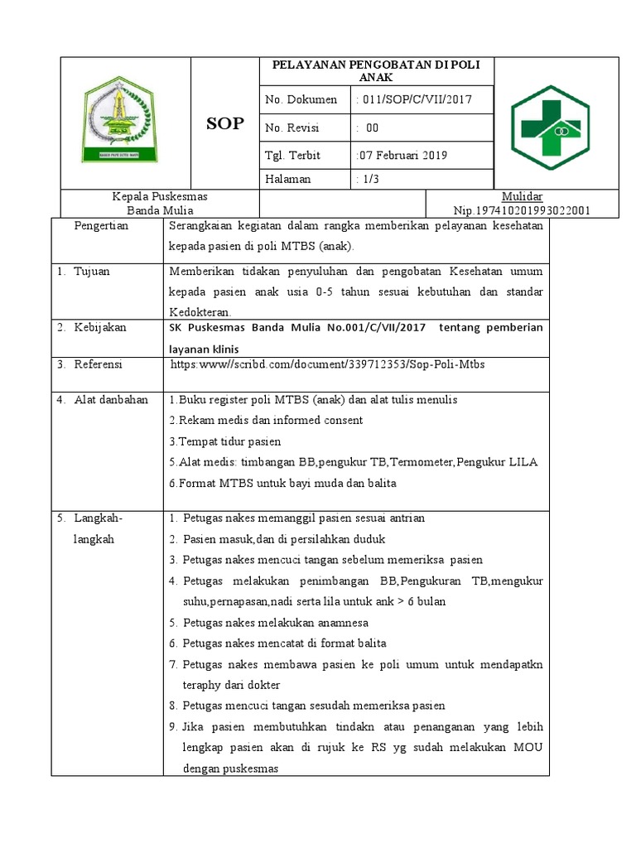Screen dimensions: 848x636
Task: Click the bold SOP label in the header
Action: pos(224,123)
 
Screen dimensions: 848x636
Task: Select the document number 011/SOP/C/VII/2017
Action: pos(412,99)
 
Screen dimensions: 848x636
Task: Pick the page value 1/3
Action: pos(364,179)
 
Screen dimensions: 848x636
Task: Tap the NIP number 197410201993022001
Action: pos(522,210)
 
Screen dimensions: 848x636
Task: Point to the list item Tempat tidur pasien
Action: pos(224,441)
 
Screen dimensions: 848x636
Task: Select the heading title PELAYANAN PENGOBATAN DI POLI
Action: pos(376,65)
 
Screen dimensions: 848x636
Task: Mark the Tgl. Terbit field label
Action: pos(292,155)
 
